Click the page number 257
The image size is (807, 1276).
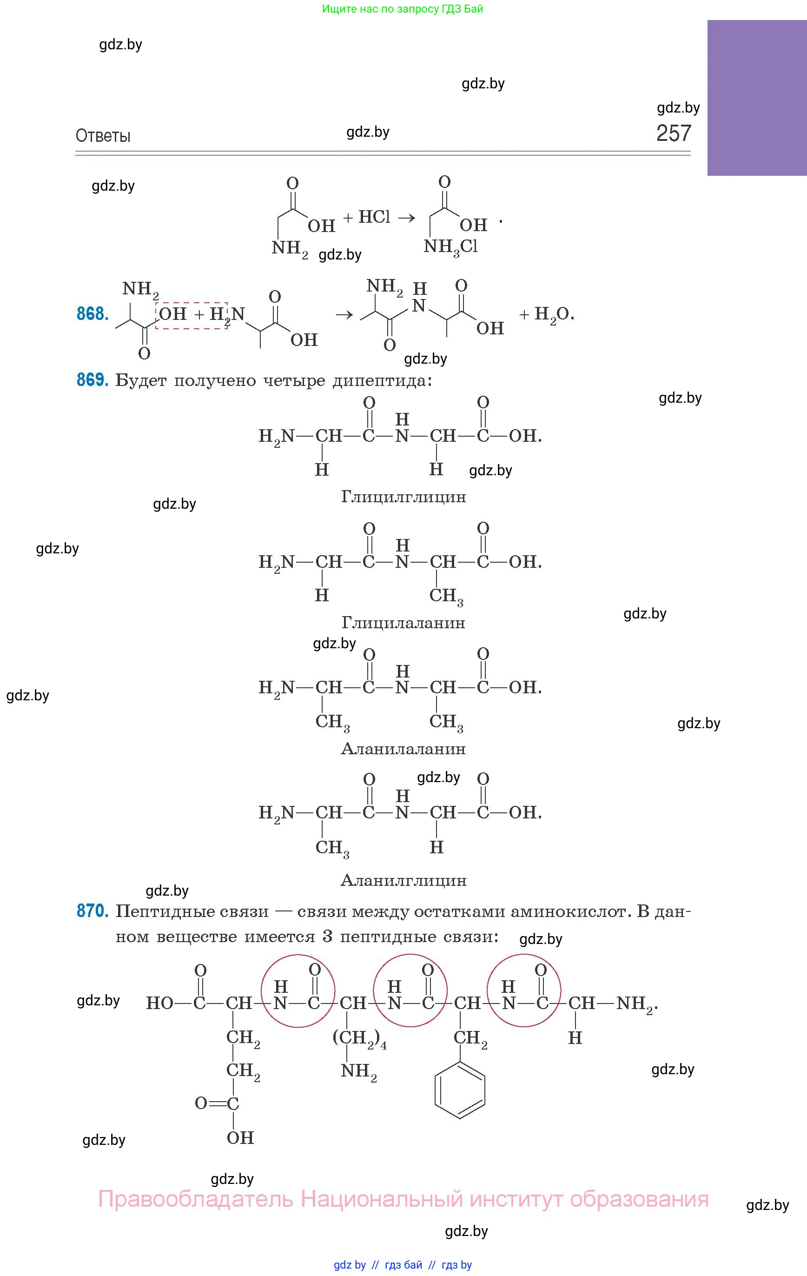(x=674, y=133)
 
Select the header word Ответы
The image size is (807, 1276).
(x=103, y=136)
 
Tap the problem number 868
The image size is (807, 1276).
(x=93, y=314)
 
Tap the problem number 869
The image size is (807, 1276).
(x=93, y=380)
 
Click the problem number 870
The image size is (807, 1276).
(x=93, y=911)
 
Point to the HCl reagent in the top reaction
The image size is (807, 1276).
(x=374, y=217)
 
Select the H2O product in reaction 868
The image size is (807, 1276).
(x=554, y=315)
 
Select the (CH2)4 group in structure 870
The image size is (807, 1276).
(x=360, y=1038)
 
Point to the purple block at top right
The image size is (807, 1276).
(x=757, y=98)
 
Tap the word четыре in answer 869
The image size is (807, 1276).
(x=294, y=381)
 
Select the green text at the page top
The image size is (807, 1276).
(x=403, y=9)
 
